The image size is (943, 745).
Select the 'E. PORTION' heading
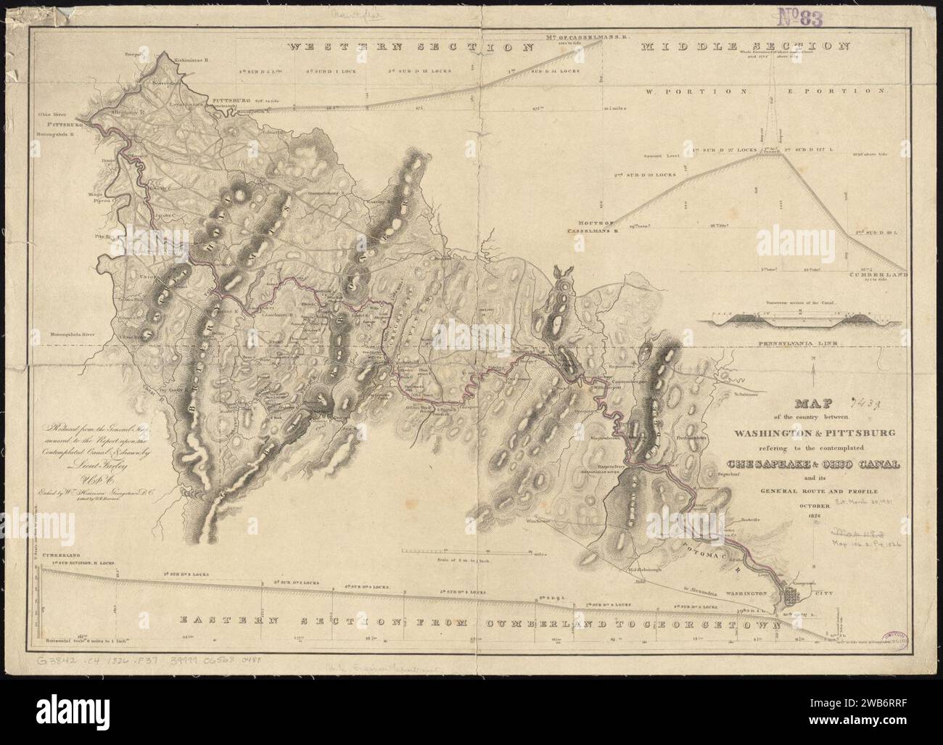(834, 92)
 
